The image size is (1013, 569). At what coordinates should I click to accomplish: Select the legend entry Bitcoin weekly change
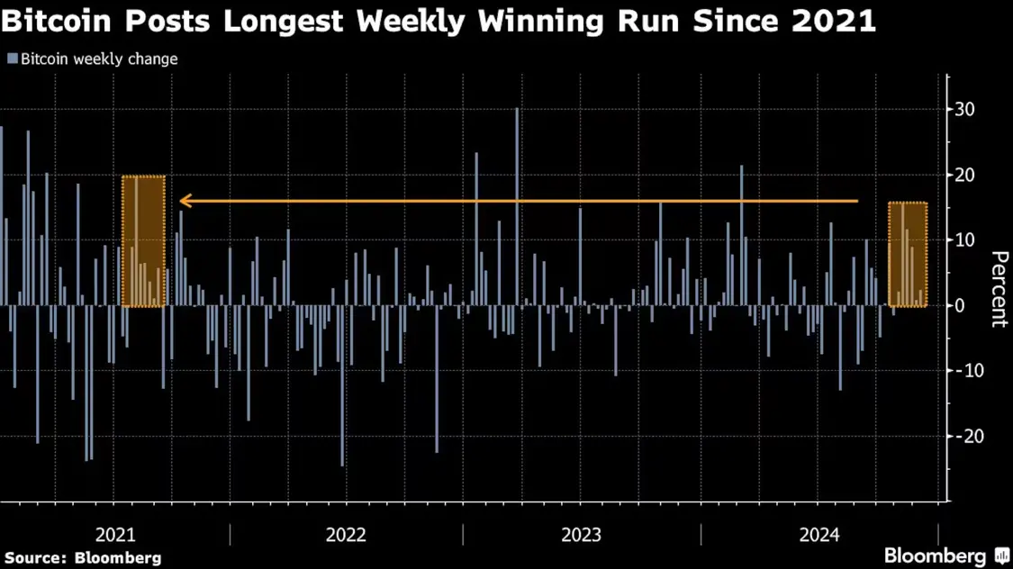coord(99,59)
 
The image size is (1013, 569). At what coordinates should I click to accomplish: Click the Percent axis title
coord(999,290)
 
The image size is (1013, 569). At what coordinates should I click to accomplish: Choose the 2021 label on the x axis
coord(115,536)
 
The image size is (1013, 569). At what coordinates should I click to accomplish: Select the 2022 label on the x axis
coord(346,536)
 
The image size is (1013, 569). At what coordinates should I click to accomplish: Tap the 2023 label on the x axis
coord(581,536)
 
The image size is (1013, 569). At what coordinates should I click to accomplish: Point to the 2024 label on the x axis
coord(819,536)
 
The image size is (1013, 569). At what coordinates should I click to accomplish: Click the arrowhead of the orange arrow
coord(184,201)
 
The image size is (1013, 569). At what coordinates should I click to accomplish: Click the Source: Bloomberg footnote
coord(83,558)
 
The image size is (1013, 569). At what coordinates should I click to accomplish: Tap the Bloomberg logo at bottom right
coord(945,555)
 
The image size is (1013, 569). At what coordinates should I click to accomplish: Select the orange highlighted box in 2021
coord(143,241)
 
